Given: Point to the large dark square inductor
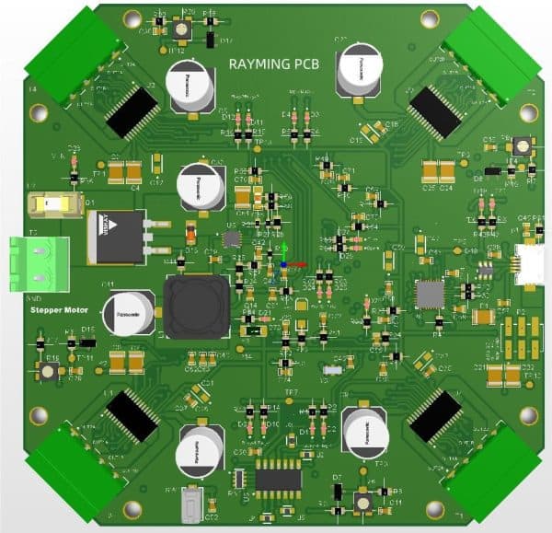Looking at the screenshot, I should pos(195,306).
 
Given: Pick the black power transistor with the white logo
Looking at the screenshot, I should pos(116,235).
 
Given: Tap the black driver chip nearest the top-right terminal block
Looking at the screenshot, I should pos(434,111).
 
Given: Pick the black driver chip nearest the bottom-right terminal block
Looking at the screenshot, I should pos(434,415).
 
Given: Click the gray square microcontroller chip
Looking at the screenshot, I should pos(430,294).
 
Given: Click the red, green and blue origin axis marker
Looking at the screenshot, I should pos(285,259).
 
